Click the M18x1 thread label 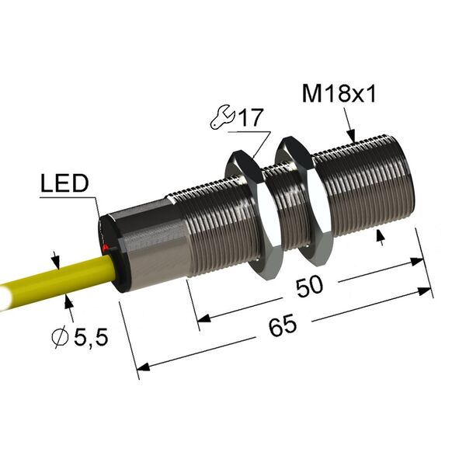pyautogui.click(x=339, y=94)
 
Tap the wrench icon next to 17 pyautogui.click(x=222, y=117)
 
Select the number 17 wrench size pyautogui.click(x=252, y=117)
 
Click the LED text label pyautogui.click(x=64, y=183)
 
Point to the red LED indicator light pyautogui.click(x=104, y=247)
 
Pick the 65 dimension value pyautogui.click(x=283, y=325)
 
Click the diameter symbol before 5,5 pyautogui.click(x=60, y=338)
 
